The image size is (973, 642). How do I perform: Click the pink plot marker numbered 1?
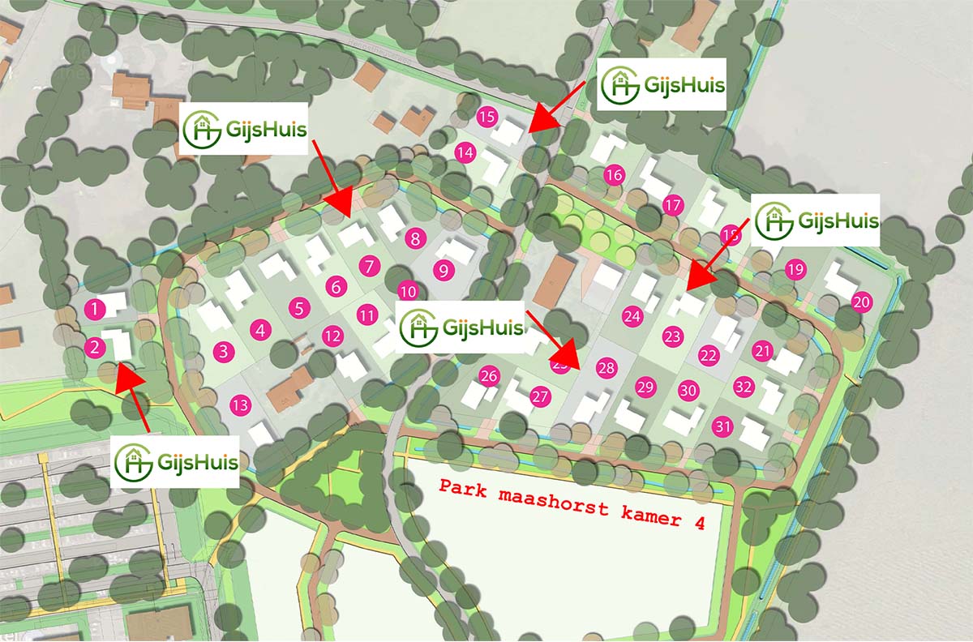[x=96, y=308]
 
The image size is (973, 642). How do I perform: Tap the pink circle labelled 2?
[x=96, y=348]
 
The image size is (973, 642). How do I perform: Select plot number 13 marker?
[x=240, y=404]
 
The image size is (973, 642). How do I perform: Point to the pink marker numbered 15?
[x=486, y=117]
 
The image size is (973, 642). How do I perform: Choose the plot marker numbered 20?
[x=862, y=302]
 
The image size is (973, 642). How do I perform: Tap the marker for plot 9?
[x=443, y=271]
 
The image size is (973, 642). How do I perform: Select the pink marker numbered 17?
[x=672, y=206]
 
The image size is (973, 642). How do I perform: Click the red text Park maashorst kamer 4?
[x=571, y=503]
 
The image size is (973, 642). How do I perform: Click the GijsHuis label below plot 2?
[x=175, y=462]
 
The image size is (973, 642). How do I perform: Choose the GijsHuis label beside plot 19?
[x=817, y=221]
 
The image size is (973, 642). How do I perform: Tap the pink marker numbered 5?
[x=300, y=308]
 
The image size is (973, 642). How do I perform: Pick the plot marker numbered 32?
[x=744, y=386]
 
